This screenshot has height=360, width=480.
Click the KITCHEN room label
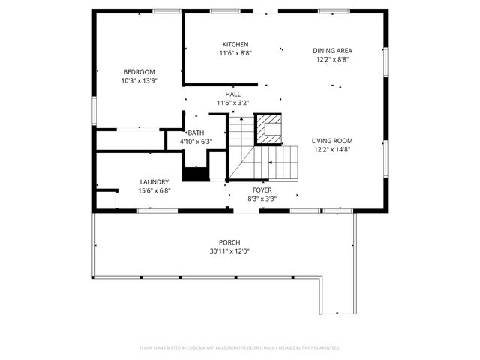pyautogui.click(x=235, y=44)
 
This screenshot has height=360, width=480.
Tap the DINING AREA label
pyautogui.click(x=332, y=50)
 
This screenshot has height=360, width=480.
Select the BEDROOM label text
pyautogui.click(x=139, y=71)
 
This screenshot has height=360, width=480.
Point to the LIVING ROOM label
pyautogui.click(x=332, y=140)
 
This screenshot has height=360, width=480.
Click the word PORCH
pyautogui.click(x=229, y=242)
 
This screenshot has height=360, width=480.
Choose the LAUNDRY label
pyautogui.click(x=154, y=182)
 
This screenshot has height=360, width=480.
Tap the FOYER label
pyautogui.click(x=262, y=190)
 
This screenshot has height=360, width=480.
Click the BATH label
pyautogui.click(x=196, y=133)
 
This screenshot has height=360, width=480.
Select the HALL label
pyautogui.click(x=232, y=94)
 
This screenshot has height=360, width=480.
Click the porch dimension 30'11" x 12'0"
pyautogui.click(x=229, y=251)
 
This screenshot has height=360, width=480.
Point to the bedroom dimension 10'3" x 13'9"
pyautogui.click(x=139, y=80)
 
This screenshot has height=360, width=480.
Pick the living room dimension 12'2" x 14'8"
pyautogui.click(x=332, y=149)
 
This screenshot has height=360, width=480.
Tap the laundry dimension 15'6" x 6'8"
pyautogui.click(x=154, y=191)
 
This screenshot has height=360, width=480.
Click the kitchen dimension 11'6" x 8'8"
pyautogui.click(x=235, y=53)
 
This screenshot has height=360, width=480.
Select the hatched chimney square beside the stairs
pyautogui.click(x=268, y=129)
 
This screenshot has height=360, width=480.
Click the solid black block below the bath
pyautogui.click(x=196, y=174)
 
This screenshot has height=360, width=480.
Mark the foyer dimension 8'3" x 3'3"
pyautogui.click(x=262, y=199)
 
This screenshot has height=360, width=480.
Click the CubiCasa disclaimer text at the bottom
pyautogui.click(x=240, y=347)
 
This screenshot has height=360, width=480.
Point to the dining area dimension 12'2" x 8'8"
pyautogui.click(x=332, y=59)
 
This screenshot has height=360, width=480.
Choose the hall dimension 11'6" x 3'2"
pyautogui.click(x=232, y=103)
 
